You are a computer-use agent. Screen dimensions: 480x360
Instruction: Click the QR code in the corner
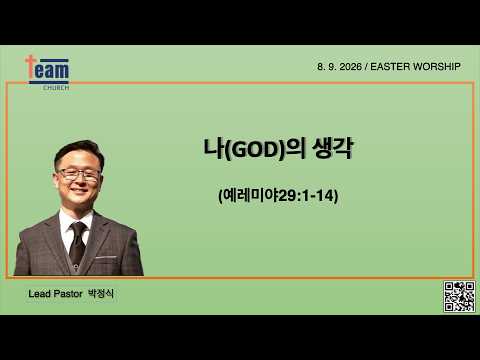(459, 296)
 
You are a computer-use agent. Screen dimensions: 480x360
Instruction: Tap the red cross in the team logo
(31, 68)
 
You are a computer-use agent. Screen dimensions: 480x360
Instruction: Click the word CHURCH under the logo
(56, 88)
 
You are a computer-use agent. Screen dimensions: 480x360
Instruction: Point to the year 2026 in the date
(350, 67)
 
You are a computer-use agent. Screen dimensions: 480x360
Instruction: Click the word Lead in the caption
(39, 294)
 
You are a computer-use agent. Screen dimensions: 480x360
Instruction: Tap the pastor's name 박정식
(101, 294)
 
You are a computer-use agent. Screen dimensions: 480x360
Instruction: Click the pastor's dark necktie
(78, 243)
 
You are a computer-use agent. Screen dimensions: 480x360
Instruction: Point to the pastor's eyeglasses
(79, 174)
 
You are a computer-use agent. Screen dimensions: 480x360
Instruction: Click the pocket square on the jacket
(106, 257)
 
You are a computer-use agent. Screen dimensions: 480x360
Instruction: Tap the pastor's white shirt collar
(76, 220)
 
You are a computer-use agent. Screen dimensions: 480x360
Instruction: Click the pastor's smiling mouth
(80, 191)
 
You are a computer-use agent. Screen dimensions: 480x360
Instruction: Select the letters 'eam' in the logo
(52, 71)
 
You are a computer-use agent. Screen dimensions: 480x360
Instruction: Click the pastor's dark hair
(79, 152)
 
